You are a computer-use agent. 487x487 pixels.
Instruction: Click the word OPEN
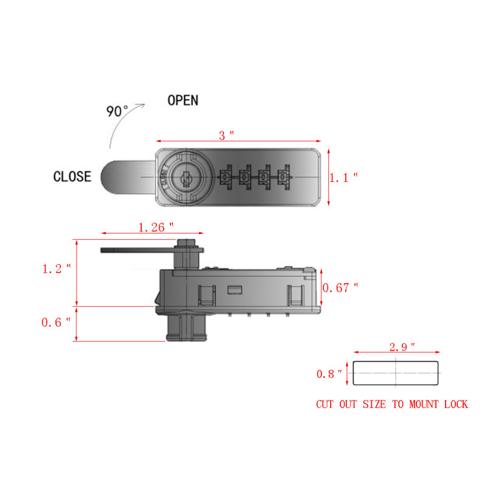point(183,100)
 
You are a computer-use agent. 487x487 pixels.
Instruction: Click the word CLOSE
point(72,177)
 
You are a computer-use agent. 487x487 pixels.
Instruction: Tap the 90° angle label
point(117,112)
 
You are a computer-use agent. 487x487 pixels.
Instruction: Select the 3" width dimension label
point(226,135)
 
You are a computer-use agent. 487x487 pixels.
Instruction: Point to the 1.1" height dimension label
point(343,177)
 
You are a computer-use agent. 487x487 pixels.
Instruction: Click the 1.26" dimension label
point(155,227)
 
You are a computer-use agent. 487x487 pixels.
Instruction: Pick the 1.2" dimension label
point(57,268)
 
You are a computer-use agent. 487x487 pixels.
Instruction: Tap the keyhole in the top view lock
point(185,178)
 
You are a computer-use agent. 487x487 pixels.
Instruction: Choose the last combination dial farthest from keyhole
point(284,178)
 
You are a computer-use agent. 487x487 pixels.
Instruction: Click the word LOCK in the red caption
point(454,404)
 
